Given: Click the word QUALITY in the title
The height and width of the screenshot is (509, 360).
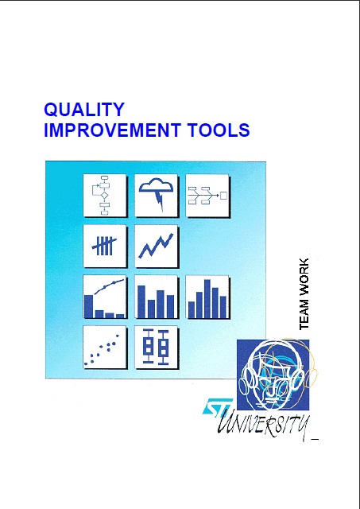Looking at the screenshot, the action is pos(84,110).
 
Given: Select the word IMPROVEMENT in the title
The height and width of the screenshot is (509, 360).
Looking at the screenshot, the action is pos(112,130).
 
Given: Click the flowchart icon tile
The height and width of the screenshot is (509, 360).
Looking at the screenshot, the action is pos(105,196).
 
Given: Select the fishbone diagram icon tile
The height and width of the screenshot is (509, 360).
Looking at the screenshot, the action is pos(207,196).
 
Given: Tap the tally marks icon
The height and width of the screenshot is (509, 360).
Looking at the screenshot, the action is pos(105,246).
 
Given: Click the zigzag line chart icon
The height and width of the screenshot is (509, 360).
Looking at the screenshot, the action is pos(156,246).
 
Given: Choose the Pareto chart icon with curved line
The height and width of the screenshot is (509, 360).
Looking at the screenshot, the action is pos(105,297).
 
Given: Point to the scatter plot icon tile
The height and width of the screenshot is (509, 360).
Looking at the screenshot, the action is pos(105,348).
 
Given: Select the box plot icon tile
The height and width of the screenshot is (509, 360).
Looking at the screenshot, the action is pos(156,348).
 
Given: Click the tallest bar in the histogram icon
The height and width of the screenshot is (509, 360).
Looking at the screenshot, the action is pos(207,299).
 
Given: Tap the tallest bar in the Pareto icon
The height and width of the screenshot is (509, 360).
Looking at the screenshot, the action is pos(89,306).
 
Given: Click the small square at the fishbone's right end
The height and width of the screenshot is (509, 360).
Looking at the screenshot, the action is pos(224,196).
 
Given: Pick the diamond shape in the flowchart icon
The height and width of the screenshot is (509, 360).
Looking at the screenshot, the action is pos(104,196).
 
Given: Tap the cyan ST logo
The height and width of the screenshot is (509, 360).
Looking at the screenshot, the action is pos(217,406).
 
